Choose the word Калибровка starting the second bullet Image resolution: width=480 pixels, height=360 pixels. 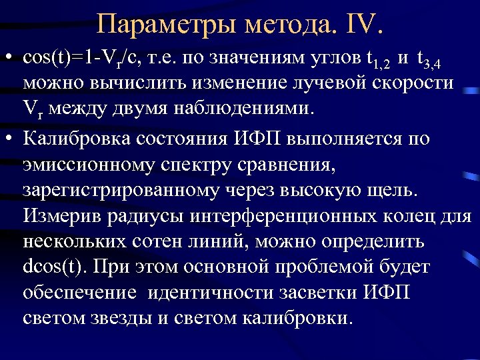tap(75, 139)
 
